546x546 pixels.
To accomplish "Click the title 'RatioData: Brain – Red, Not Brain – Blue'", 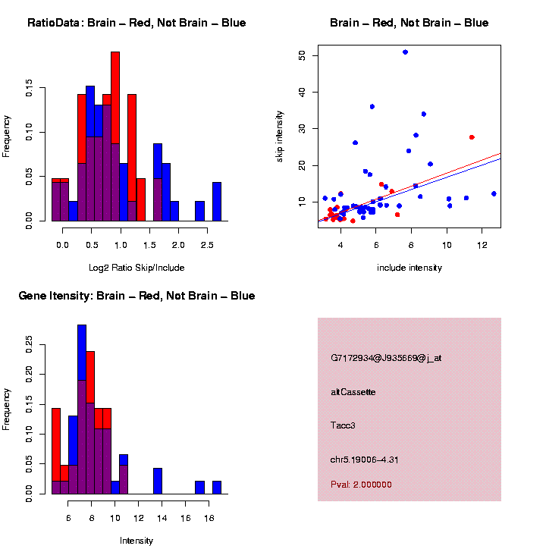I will coord(136,23).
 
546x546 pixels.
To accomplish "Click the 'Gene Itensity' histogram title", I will coord(136,296).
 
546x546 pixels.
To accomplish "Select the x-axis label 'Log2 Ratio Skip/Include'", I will coord(136,268).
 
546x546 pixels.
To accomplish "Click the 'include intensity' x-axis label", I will coord(409,268).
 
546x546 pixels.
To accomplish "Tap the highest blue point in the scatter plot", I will coord(405,52).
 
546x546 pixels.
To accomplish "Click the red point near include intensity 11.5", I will coord(472,137).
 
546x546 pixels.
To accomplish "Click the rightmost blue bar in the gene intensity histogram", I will coord(217,488).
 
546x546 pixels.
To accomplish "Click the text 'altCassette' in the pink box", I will coord(353,392).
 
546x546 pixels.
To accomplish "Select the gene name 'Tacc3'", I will coord(344,425).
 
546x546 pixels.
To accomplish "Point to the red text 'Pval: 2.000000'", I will coord(362,485).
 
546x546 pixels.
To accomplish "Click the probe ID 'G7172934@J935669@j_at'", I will coord(386,358).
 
